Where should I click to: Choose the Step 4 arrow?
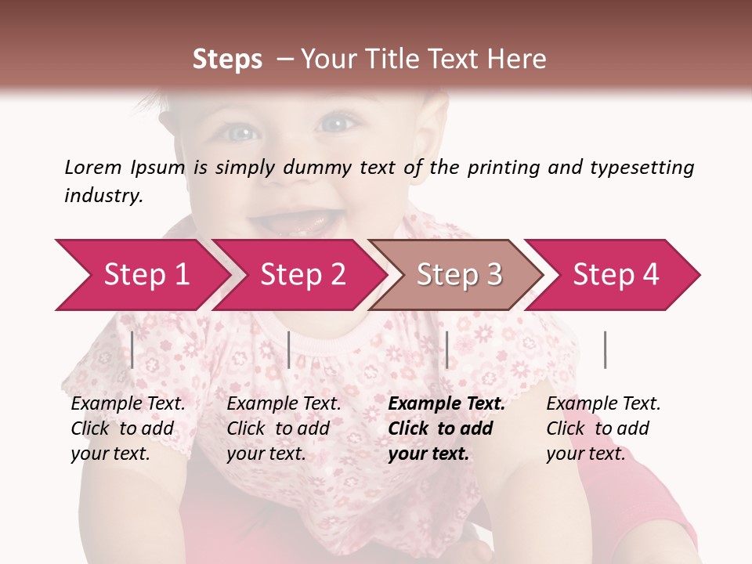616,275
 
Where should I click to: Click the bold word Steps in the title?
227,60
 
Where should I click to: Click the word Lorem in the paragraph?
92,167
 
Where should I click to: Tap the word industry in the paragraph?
103,196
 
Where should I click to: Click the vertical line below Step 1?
132,349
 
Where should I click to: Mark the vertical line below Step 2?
289,349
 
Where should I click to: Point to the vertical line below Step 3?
446,349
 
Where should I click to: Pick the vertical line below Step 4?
605,349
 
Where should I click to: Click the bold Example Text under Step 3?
446,404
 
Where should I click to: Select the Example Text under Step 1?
128,404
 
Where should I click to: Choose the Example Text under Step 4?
603,404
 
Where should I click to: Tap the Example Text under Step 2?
284,404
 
